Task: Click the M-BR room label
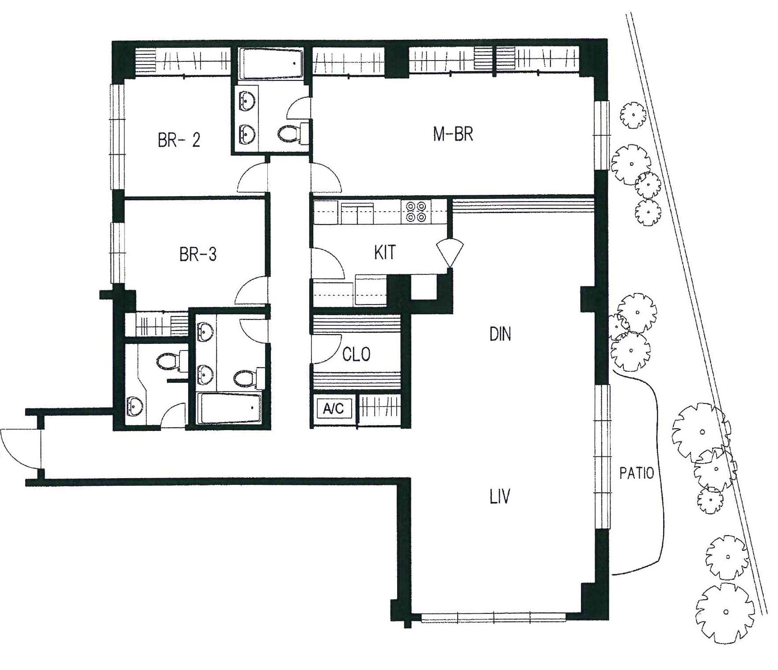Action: coord(453,134)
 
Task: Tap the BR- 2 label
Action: coord(178,140)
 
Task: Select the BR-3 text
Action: coord(198,255)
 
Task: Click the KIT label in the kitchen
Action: coord(384,252)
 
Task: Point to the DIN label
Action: coord(500,335)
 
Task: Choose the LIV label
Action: coord(500,497)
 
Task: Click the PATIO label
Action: coord(636,473)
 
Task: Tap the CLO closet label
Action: coord(356,354)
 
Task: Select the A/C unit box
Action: coord(333,408)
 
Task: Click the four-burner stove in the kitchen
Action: coord(416,211)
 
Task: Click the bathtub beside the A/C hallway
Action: coord(230,408)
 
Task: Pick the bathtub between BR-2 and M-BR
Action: coord(271,64)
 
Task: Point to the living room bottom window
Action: coord(493,617)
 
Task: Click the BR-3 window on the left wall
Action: coord(118,252)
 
